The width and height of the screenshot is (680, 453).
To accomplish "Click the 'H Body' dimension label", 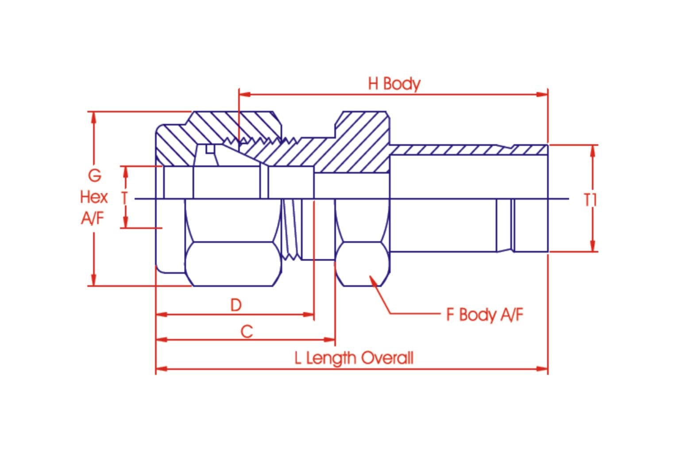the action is pyautogui.click(x=394, y=84).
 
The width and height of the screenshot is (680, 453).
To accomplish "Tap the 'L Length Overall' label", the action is pyautogui.click(x=354, y=358).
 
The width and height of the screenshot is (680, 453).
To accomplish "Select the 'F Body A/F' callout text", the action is pyautogui.click(x=485, y=315).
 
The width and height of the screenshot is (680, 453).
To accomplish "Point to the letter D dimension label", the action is pyautogui.click(x=236, y=305).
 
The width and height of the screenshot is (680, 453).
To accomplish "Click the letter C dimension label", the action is pyautogui.click(x=247, y=331).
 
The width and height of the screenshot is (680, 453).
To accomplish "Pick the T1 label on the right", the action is pyautogui.click(x=591, y=200).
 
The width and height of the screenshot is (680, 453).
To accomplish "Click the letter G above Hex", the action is pyautogui.click(x=94, y=175).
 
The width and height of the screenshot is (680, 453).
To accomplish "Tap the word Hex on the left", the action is pyautogui.click(x=94, y=197).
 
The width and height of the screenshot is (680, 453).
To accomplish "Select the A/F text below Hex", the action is pyautogui.click(x=93, y=218).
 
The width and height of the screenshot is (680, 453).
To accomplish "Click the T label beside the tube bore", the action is pyautogui.click(x=124, y=198).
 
